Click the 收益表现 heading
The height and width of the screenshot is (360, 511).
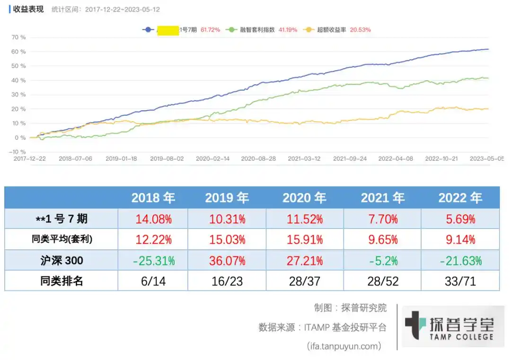[x=28, y=9]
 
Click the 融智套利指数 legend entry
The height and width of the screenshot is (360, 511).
[x=257, y=29]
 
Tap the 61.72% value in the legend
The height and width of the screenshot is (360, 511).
[x=211, y=29]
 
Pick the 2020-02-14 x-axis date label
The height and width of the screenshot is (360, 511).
[x=212, y=159]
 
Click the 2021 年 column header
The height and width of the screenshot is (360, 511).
[x=382, y=198]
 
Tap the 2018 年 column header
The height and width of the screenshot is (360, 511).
[x=153, y=198]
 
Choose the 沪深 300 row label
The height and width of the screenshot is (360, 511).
[x=62, y=260]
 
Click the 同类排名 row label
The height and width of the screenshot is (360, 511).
[x=62, y=281]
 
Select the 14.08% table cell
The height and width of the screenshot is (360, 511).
[x=153, y=219]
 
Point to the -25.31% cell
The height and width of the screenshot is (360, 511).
[x=153, y=260]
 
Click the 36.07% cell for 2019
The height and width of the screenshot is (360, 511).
[x=227, y=260]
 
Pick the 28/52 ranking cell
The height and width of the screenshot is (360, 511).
[x=382, y=281]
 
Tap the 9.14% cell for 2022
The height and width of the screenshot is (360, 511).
[x=460, y=240]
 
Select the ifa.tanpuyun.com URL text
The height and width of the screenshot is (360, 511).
[x=344, y=346]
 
